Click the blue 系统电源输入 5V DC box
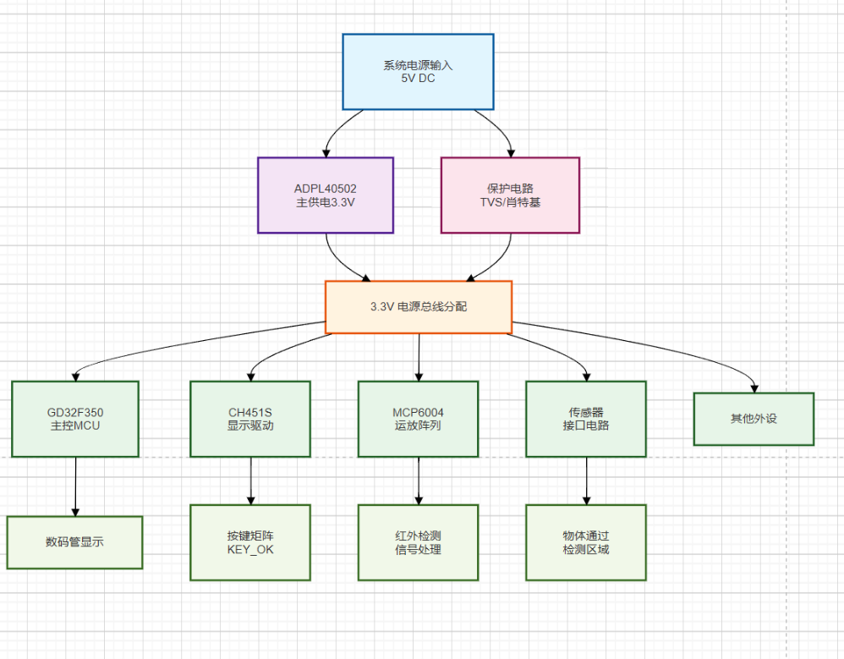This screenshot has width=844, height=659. (x=418, y=72)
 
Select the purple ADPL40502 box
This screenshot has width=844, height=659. (x=326, y=195)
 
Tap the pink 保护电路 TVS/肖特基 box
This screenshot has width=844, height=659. (x=510, y=195)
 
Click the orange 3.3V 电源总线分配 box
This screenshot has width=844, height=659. (x=419, y=306)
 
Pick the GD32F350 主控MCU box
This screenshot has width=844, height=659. (x=75, y=419)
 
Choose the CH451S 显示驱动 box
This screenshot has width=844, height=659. (x=250, y=419)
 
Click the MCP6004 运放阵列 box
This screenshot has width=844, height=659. (x=418, y=419)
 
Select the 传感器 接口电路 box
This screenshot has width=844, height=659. (x=586, y=419)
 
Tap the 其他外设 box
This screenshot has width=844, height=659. (x=754, y=419)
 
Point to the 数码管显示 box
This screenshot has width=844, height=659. (x=75, y=542)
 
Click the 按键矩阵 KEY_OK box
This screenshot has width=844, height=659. (x=250, y=542)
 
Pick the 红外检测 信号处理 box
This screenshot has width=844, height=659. (x=418, y=542)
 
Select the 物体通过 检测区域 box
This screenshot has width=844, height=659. (x=586, y=542)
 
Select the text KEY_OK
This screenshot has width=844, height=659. (x=250, y=550)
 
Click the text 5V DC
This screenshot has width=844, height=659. (x=419, y=79)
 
